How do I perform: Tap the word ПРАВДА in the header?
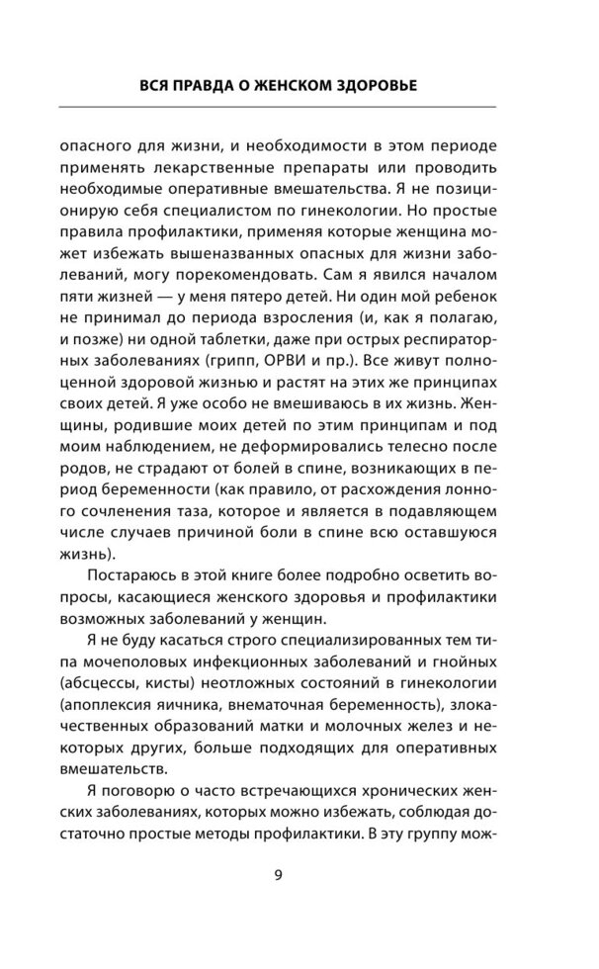(214, 87)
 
